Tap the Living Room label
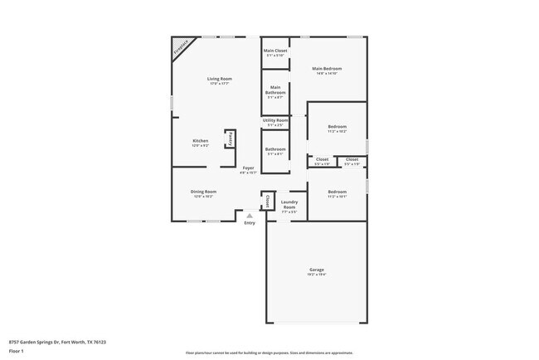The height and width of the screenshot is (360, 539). click(x=219, y=79)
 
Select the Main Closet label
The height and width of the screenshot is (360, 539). click(x=274, y=51)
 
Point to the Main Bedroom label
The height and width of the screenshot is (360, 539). click(x=328, y=68)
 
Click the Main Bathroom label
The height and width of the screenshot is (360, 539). click(x=274, y=90)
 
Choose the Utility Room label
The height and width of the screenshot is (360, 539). click(x=275, y=120)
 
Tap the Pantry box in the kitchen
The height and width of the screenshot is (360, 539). click(x=230, y=139)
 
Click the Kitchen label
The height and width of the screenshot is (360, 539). click(x=201, y=140)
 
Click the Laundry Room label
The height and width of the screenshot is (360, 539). click(x=289, y=204)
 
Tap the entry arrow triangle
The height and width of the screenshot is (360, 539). click(x=249, y=215)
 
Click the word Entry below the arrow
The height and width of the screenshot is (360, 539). click(x=250, y=222)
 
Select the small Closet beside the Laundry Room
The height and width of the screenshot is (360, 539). click(x=268, y=201)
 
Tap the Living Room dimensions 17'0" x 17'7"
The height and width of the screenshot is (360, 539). click(x=219, y=84)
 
